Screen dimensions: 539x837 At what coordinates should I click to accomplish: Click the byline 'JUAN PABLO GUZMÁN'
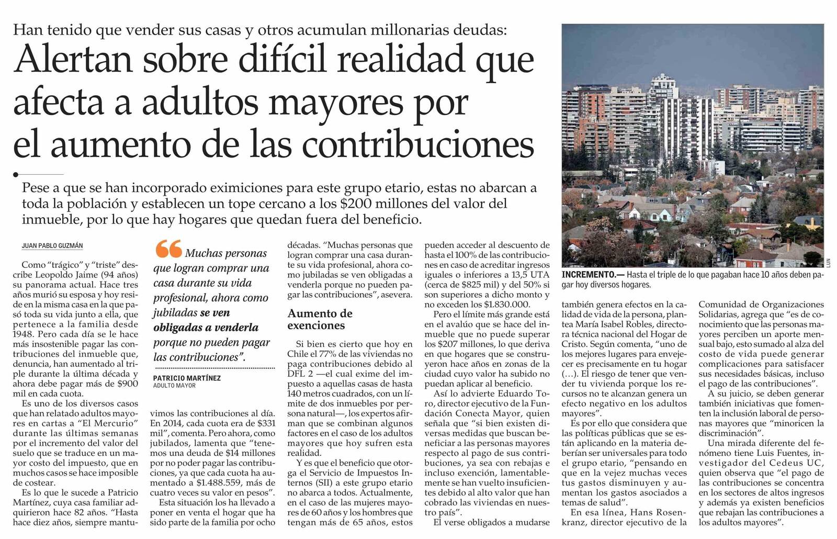(52, 246)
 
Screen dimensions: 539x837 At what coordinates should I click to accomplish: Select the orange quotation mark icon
(168, 249)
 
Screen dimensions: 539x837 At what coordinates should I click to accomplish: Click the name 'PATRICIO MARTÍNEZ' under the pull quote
(187, 378)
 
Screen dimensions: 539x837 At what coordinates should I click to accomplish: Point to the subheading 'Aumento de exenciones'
(320, 319)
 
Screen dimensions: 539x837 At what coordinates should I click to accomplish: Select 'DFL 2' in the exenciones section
(302, 374)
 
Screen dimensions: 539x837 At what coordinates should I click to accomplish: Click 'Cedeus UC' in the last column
(796, 463)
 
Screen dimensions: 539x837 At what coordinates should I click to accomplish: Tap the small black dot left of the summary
(16, 174)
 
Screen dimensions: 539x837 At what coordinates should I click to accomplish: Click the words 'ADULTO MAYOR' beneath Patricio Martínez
(174, 386)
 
